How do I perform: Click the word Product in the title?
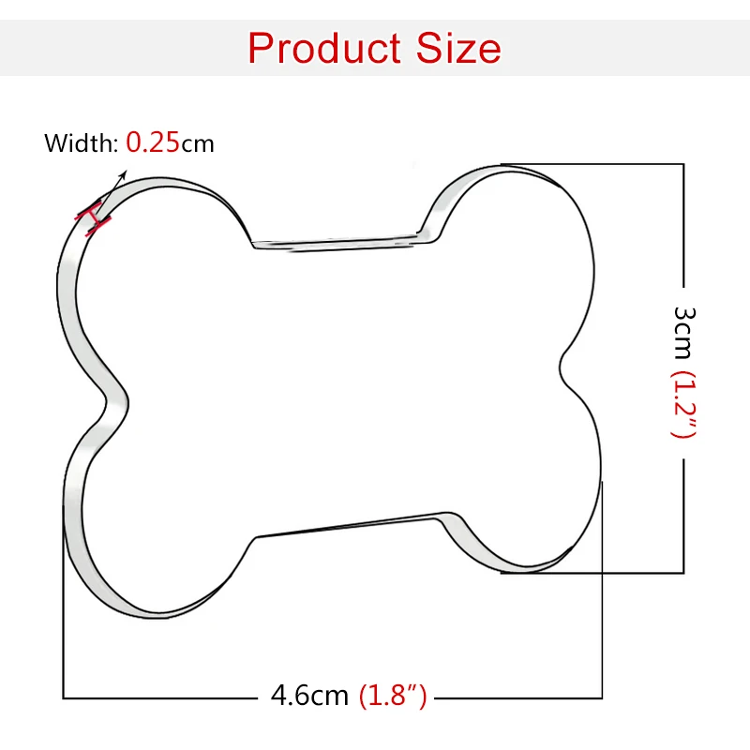324,48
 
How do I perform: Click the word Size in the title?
458,48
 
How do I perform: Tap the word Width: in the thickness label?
81,142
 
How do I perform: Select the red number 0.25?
153,142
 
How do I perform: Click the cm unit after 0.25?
198,144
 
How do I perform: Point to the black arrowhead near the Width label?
123,174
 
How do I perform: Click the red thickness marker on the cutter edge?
93,218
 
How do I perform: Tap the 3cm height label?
683,333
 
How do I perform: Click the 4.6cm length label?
309,695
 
